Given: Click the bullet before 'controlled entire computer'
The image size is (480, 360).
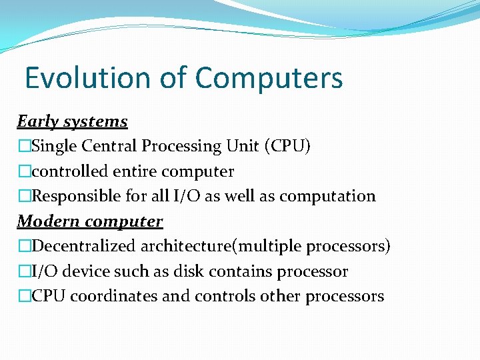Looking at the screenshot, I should pos(24,171).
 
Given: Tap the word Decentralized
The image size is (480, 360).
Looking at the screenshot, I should pos(84,246).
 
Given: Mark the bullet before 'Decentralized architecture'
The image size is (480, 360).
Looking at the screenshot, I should pos(24,246).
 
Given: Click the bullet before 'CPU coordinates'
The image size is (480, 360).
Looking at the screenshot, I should pos(24,296).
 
